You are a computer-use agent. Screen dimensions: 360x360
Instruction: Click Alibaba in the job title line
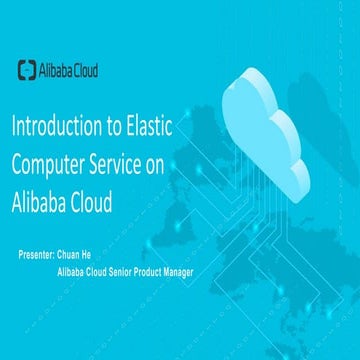(75, 271)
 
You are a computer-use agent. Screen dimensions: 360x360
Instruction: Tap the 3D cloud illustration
(265, 125)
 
